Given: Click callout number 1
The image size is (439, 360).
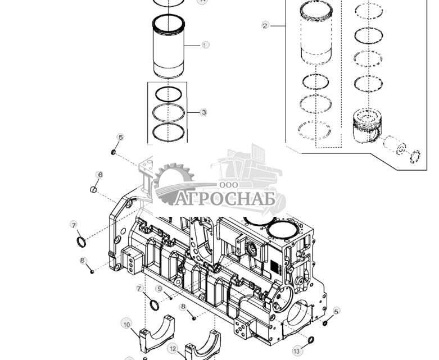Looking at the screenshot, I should tap(205, 44).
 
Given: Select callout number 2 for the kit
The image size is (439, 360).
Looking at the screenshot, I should tap(265, 25).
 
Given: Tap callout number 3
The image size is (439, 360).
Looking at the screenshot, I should tap(203, 112).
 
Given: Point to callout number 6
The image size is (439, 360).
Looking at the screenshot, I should tap(100, 175).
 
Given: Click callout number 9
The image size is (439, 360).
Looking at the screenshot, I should tap(160, 289).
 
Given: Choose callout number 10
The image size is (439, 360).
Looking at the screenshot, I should tap(127, 325).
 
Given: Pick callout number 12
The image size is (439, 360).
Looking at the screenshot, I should tap(173, 349).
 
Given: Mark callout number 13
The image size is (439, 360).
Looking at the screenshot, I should tap(297, 351).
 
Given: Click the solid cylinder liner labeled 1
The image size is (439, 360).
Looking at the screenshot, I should tap(169, 47).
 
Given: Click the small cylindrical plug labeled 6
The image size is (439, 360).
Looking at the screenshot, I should tap(95, 190).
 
